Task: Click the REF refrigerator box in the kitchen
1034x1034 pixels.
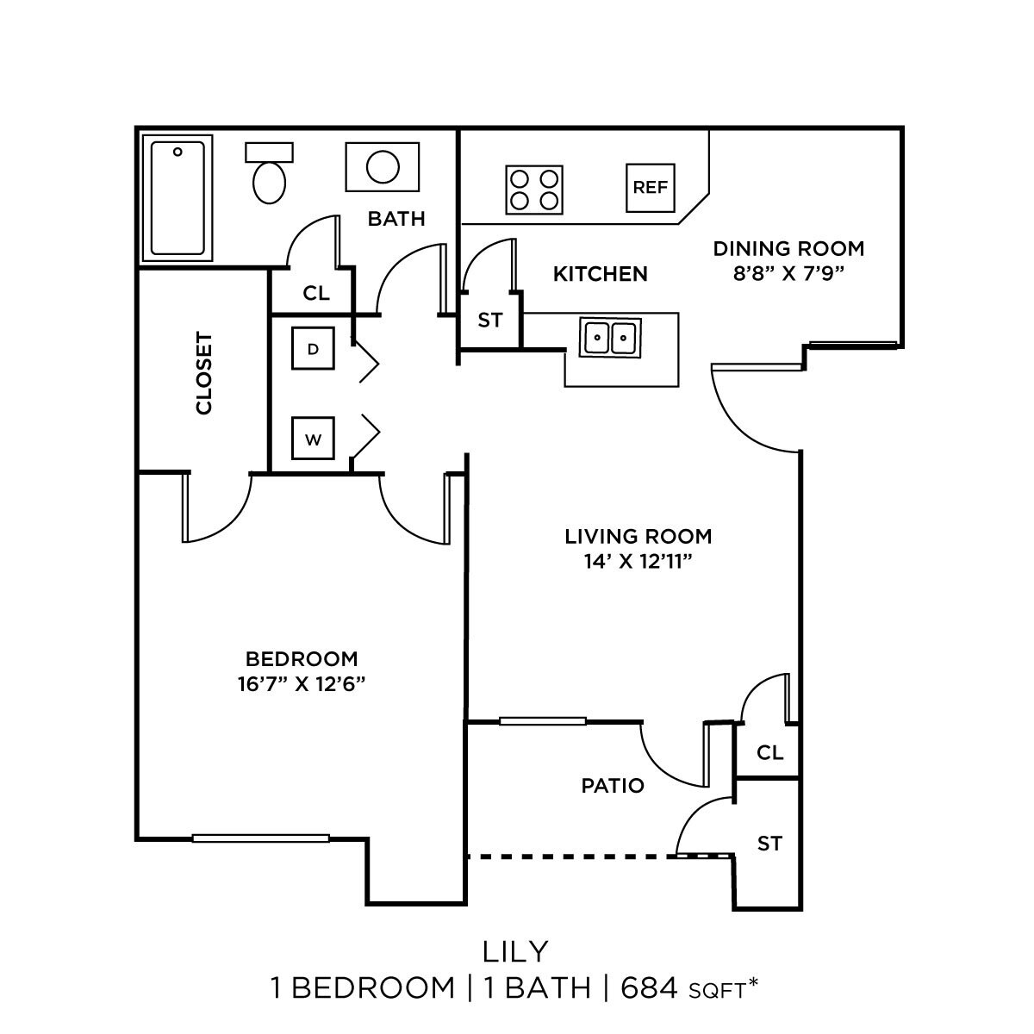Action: click(x=650, y=188)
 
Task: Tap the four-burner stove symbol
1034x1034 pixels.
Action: click(x=533, y=190)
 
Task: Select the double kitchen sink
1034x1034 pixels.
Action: click(x=611, y=337)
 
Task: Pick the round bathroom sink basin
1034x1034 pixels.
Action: click(x=382, y=166)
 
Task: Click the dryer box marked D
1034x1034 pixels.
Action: click(x=313, y=349)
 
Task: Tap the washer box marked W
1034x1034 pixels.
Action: click(x=313, y=439)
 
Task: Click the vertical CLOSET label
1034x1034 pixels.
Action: click(x=204, y=373)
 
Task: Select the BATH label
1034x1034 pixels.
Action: click(x=396, y=219)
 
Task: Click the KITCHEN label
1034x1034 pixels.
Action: click(x=600, y=274)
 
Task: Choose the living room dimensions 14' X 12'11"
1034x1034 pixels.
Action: click(x=638, y=562)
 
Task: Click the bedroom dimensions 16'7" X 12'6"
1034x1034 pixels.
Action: click(x=302, y=684)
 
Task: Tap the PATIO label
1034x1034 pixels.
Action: click(x=613, y=786)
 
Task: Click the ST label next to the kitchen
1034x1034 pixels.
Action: click(x=489, y=321)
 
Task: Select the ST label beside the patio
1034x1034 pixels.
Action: click(x=769, y=844)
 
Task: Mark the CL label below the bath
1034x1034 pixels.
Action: click(x=316, y=293)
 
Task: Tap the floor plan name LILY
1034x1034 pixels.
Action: click(x=516, y=951)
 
